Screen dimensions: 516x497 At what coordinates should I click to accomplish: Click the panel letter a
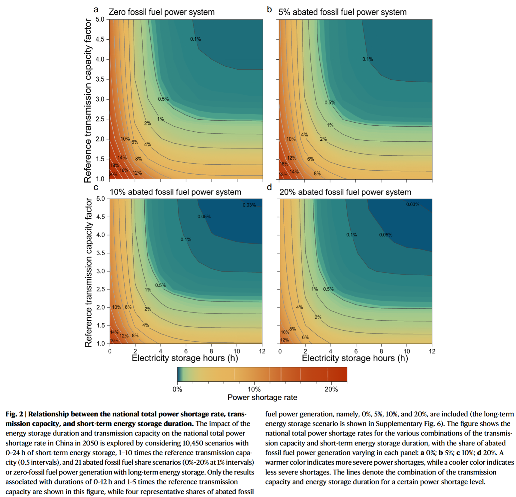(x=96, y=10)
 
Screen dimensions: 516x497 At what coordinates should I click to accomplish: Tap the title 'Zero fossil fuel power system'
(x=161, y=12)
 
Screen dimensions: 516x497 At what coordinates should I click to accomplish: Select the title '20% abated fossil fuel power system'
(x=345, y=192)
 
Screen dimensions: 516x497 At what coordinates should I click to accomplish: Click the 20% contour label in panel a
(x=113, y=175)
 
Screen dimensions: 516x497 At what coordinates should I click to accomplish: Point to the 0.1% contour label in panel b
(x=367, y=59)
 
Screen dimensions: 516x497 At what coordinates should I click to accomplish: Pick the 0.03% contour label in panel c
(x=249, y=205)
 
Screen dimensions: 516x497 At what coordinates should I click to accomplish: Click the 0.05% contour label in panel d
(x=385, y=235)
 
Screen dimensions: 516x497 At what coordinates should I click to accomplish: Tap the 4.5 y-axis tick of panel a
(x=100, y=39)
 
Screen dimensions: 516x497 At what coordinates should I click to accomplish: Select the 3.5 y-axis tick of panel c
(x=101, y=253)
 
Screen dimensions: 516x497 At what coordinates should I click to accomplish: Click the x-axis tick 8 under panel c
(x=211, y=351)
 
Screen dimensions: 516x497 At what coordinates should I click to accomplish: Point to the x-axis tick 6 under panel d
(x=356, y=351)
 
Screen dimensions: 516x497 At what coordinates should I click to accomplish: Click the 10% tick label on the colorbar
(x=254, y=389)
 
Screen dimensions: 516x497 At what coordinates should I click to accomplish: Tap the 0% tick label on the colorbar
(x=177, y=389)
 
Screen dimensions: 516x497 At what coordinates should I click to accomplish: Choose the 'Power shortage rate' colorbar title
(x=262, y=397)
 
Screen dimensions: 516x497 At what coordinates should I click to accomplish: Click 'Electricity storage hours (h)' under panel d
(x=355, y=358)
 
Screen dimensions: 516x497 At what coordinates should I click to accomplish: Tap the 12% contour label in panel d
(x=285, y=340)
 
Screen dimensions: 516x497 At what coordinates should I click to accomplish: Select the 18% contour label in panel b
(x=283, y=175)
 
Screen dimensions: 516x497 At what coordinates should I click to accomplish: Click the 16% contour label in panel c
(x=114, y=340)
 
